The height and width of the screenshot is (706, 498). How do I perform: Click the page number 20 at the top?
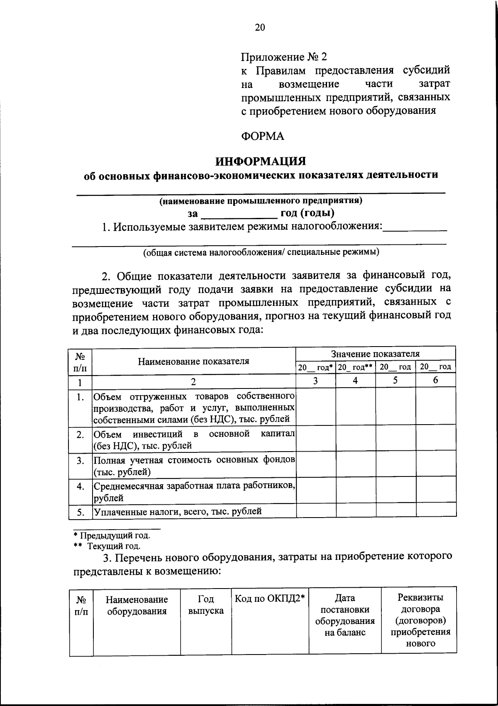[x=259, y=28]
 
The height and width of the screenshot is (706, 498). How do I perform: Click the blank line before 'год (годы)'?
[x=239, y=215]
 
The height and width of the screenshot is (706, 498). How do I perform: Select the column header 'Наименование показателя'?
[x=193, y=361]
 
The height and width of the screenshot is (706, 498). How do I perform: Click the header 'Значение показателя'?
[x=376, y=354]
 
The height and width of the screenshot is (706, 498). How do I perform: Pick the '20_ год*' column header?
[x=315, y=367]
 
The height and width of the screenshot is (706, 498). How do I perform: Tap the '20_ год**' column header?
[x=356, y=367]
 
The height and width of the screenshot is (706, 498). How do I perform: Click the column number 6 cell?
[x=435, y=380]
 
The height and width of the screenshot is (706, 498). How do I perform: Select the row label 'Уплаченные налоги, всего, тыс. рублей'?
[x=178, y=511]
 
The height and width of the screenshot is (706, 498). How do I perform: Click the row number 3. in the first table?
[x=80, y=461]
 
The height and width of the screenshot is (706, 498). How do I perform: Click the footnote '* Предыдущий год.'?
[x=109, y=535]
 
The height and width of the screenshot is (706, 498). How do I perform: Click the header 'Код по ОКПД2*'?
[x=270, y=599]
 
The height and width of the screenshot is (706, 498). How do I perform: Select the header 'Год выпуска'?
[x=206, y=605]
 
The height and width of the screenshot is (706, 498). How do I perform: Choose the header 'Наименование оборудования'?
[x=137, y=605]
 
